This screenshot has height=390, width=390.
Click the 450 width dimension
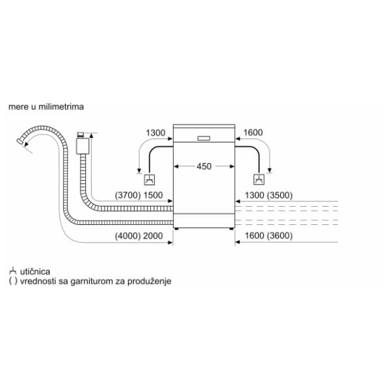point(203,166)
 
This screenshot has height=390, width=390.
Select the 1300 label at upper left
point(156,133)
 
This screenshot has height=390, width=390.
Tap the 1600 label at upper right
point(252,133)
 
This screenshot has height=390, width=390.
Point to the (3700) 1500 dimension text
point(138,196)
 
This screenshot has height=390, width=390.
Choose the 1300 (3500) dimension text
point(267,196)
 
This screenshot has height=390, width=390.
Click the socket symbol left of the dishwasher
point(149,180)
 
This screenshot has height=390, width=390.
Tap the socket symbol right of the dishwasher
point(259,180)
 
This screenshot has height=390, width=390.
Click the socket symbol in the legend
point(13,271)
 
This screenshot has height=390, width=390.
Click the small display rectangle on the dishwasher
point(203,138)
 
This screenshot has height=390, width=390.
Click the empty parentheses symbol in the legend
point(13,282)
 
